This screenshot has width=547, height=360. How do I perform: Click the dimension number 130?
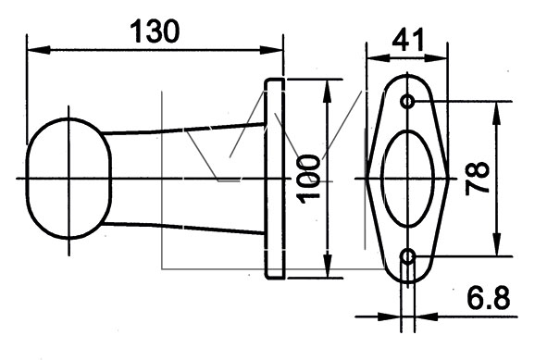click(155, 31)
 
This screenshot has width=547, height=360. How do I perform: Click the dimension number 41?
click(408, 40)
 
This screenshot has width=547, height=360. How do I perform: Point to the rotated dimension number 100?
click(308, 179)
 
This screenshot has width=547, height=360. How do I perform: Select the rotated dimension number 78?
click(477, 178)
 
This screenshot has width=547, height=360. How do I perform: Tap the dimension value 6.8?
click(489, 298)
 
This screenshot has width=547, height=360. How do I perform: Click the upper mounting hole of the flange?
click(407, 102)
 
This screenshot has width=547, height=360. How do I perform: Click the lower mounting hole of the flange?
click(408, 257)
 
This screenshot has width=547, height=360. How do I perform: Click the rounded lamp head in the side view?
click(27, 179)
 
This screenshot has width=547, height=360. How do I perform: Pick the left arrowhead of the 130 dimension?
click(38, 50)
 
